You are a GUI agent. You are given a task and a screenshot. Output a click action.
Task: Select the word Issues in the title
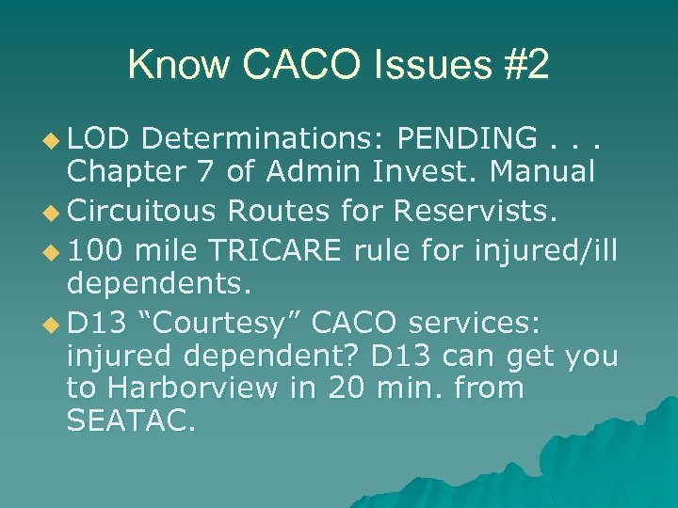pyautogui.click(x=425, y=66)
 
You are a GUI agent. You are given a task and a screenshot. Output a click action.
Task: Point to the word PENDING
pyautogui.click(x=467, y=140)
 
